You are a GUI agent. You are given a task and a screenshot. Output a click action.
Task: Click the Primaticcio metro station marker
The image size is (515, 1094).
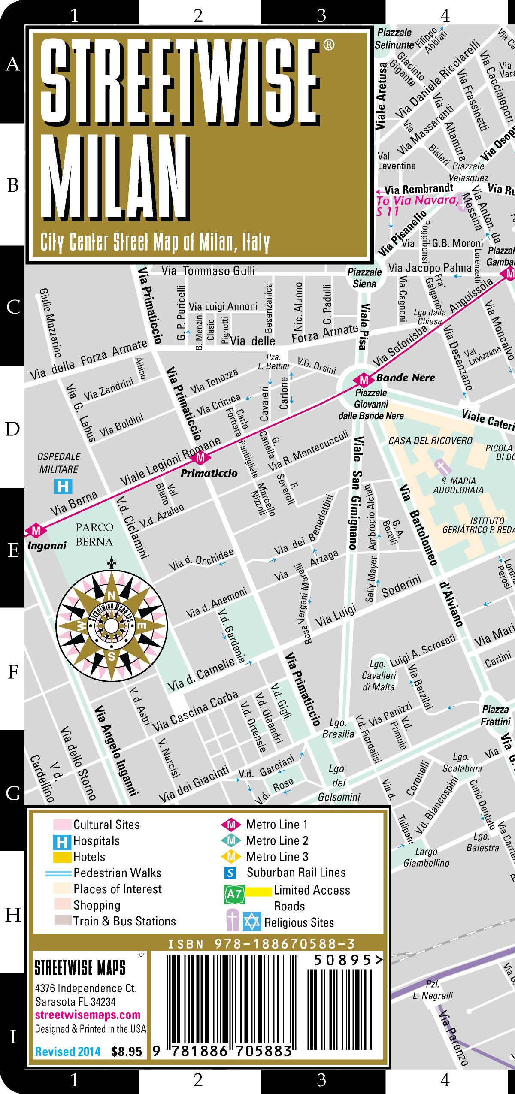point(200,458)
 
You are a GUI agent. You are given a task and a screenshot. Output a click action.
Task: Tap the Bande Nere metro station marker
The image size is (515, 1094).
point(364,380)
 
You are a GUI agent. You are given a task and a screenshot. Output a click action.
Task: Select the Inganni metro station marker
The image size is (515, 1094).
point(36,531)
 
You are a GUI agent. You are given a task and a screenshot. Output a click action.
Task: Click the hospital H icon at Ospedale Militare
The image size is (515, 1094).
point(63,486)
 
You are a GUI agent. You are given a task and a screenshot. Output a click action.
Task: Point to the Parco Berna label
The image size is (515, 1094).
point(94,535)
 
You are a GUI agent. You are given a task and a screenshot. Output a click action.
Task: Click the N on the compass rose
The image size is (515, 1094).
point(112,595)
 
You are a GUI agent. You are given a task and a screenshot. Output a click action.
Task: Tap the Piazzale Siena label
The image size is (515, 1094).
point(364,278)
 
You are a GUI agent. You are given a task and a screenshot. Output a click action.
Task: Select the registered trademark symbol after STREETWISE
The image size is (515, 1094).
point(328,45)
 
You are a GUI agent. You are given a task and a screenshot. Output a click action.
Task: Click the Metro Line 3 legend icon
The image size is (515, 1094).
point(231,856)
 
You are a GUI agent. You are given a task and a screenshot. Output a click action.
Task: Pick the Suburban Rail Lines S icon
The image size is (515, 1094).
point(230,873)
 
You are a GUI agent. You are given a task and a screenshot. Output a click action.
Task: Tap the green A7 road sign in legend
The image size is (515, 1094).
point(234,894)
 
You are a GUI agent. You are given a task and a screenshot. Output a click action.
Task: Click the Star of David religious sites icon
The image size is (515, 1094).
point(252,922)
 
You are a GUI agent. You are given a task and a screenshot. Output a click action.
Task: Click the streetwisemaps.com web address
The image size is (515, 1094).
point(88,1015)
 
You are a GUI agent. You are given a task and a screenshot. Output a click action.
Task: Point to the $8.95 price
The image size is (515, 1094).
point(126,1052)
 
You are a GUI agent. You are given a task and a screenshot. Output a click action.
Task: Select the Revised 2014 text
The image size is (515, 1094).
point(68,1052)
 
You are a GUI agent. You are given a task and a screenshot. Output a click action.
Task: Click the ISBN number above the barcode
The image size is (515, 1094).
point(261,944)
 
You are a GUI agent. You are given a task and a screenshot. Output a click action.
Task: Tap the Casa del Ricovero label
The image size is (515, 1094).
point(430,441)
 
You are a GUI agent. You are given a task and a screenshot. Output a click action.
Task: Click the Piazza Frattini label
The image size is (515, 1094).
point(496,716)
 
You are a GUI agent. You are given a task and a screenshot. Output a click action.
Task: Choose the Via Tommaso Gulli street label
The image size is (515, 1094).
point(208,271)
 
